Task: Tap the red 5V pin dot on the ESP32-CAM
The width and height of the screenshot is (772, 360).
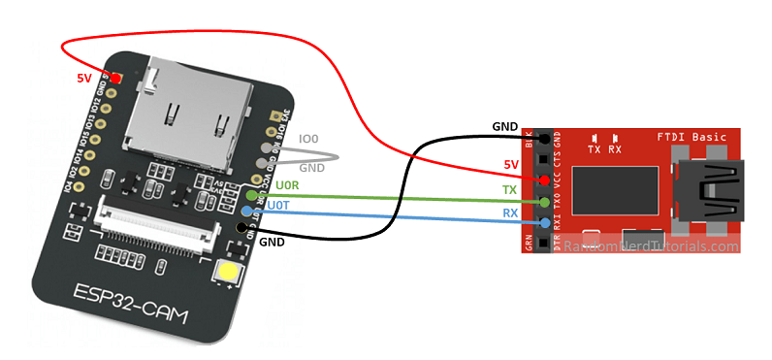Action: pos(115,78)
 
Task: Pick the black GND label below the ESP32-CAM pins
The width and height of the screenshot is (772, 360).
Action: pos(272,242)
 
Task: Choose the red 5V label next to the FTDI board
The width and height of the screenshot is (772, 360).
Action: pos(511,165)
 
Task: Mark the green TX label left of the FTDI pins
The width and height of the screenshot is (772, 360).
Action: pos(509,189)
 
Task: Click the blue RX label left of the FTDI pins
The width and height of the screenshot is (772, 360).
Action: pos(509,213)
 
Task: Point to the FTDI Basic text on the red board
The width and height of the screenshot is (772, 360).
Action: pos(692,137)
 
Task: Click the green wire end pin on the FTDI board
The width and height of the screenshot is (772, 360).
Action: pos(544,202)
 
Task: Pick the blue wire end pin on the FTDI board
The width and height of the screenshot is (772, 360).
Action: pos(544,223)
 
